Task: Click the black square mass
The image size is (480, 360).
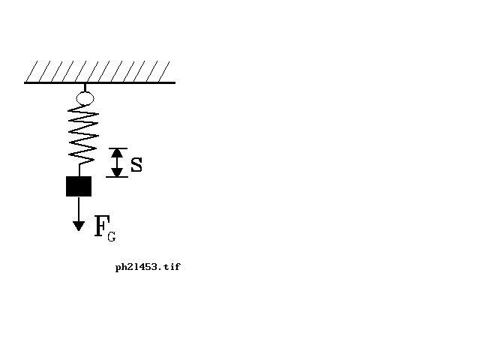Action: (x=79, y=186)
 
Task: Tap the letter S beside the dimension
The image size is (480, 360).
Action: (x=136, y=165)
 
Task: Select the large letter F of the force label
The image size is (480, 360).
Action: (x=102, y=226)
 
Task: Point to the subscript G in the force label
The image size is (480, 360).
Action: (x=112, y=236)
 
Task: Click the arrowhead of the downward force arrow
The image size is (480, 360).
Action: (x=79, y=226)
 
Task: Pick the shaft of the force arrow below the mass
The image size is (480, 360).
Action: (x=79, y=209)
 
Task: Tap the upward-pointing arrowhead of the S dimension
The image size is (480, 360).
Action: (x=117, y=153)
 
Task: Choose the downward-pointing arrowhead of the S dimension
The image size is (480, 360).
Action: (x=117, y=172)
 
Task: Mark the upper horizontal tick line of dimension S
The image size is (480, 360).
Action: (x=118, y=148)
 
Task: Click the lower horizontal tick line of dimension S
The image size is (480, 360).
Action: (x=117, y=177)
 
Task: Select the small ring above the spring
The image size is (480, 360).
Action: (x=85, y=98)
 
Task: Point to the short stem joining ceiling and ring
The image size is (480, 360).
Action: (x=85, y=88)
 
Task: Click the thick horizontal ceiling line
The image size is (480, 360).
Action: (x=100, y=82)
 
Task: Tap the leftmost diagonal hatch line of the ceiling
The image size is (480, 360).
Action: (x=31, y=71)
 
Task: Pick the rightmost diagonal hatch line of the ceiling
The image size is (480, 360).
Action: (x=163, y=71)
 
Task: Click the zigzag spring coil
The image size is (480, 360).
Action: (x=82, y=135)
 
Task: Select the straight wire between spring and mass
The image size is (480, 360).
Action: (x=79, y=170)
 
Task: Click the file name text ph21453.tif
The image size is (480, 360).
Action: (x=148, y=267)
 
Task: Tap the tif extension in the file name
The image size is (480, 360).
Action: (x=172, y=267)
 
